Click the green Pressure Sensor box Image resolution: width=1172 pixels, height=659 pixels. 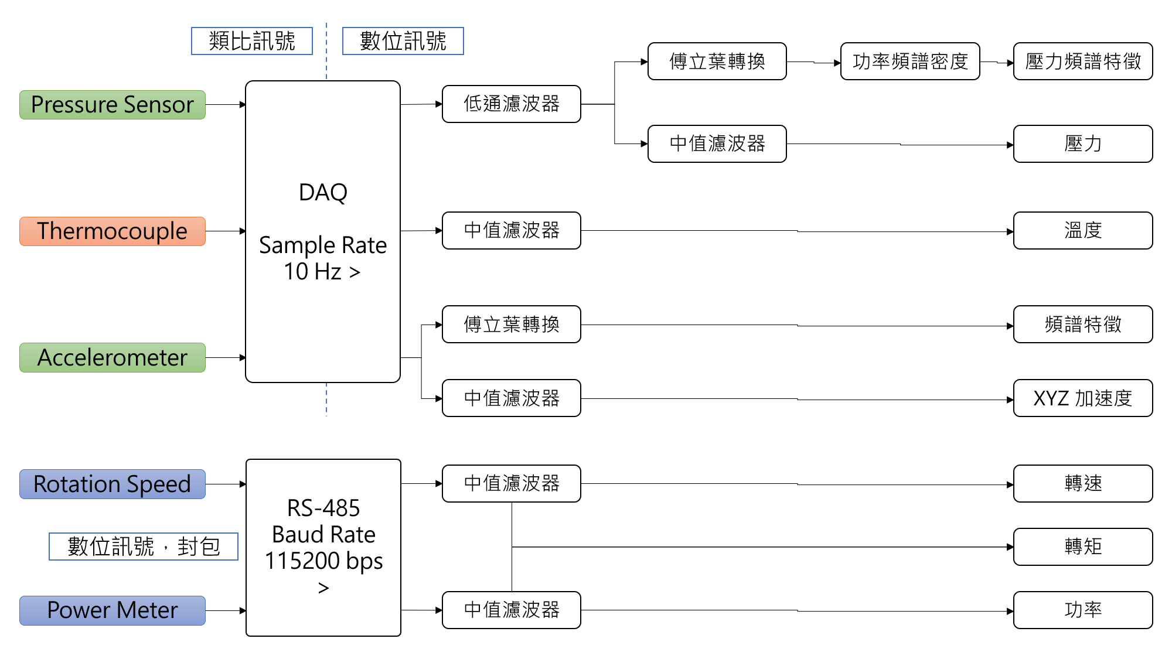[113, 105]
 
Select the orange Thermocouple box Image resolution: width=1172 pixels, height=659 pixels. [113, 231]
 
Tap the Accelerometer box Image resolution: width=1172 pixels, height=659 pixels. [113, 357]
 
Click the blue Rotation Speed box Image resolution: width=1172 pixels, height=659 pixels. [113, 484]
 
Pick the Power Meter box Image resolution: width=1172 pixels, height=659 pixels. [113, 610]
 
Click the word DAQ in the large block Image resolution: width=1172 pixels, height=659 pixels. [323, 192]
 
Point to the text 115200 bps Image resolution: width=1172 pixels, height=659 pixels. [323, 561]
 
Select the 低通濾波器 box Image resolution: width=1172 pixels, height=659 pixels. [511, 104]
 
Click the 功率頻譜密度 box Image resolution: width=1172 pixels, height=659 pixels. [909, 62]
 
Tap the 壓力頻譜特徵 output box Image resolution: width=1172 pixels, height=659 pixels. [1083, 62]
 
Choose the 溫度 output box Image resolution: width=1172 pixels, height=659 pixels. [1083, 231]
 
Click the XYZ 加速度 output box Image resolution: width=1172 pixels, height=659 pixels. [1083, 398]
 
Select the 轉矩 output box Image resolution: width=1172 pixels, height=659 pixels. [1083, 547]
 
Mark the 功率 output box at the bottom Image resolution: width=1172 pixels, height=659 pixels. [1083, 610]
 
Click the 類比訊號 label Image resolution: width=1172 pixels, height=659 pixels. [252, 41]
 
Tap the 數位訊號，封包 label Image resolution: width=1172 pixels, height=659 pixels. [144, 547]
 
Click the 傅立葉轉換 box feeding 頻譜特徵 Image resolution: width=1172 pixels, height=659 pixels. [511, 325]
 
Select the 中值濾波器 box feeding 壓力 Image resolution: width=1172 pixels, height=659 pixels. [717, 144]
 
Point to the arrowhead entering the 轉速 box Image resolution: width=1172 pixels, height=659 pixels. [1010, 484]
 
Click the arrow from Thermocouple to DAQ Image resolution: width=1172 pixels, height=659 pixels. [225, 231]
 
